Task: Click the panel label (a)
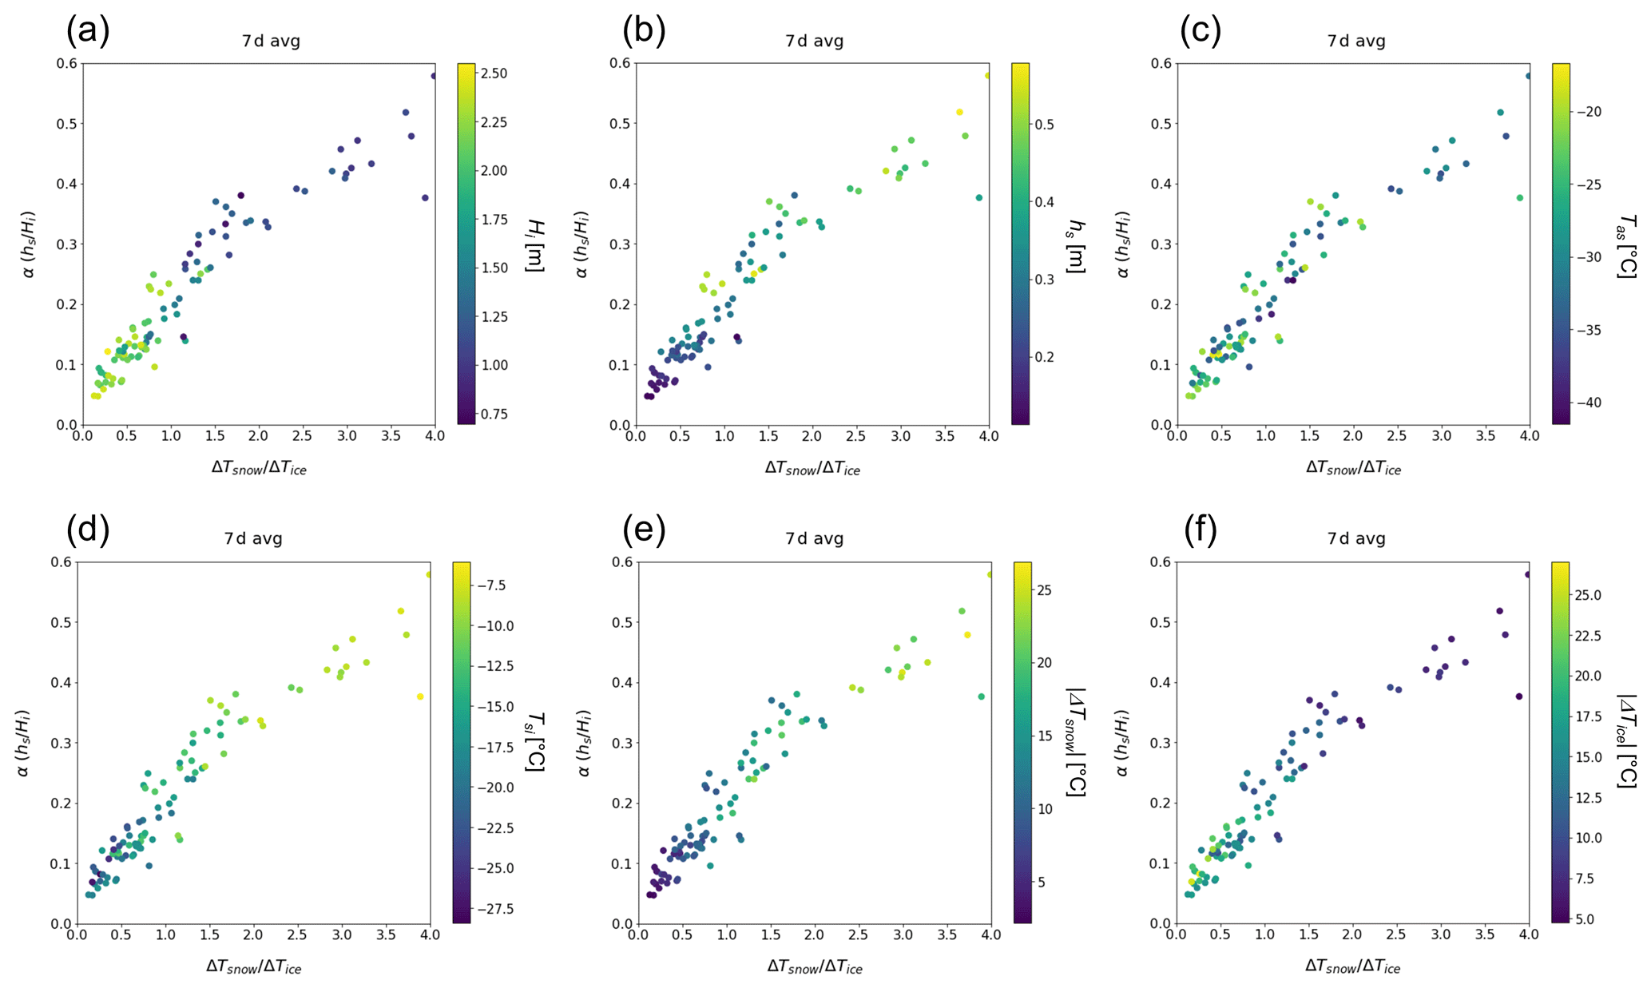pos(88,32)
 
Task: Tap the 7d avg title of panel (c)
pos(1355,42)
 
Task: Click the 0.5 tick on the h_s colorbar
pos(1044,125)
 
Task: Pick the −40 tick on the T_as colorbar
pos(1584,403)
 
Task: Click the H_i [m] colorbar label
pos(534,244)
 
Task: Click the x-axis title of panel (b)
pos(812,469)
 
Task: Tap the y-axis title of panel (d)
pos(24,743)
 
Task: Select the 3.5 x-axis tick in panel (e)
pos(947,935)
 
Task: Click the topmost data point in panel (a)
pos(434,76)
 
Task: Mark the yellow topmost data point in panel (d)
pos(429,574)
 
